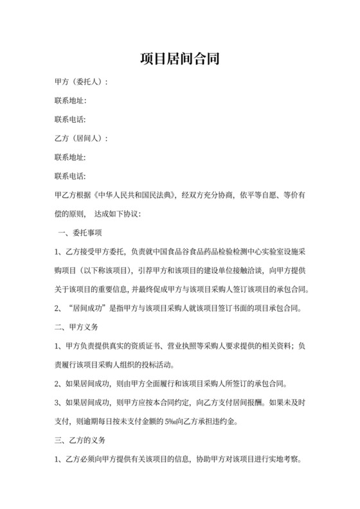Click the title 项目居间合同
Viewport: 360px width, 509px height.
[x=180, y=59]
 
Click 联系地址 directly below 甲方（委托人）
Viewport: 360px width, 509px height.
[x=70, y=101]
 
